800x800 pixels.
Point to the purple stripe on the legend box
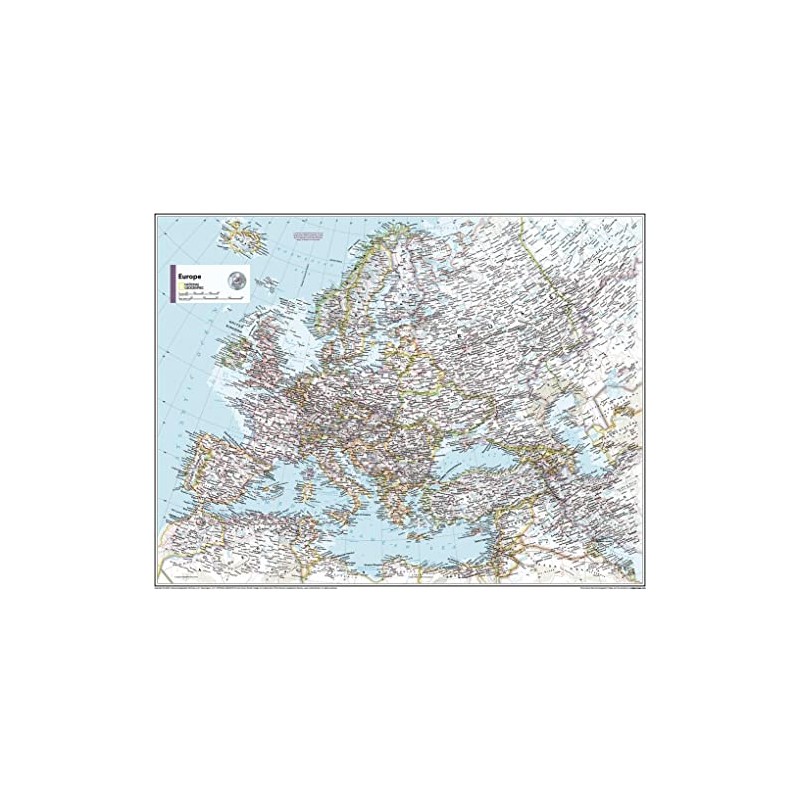tap(171, 282)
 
